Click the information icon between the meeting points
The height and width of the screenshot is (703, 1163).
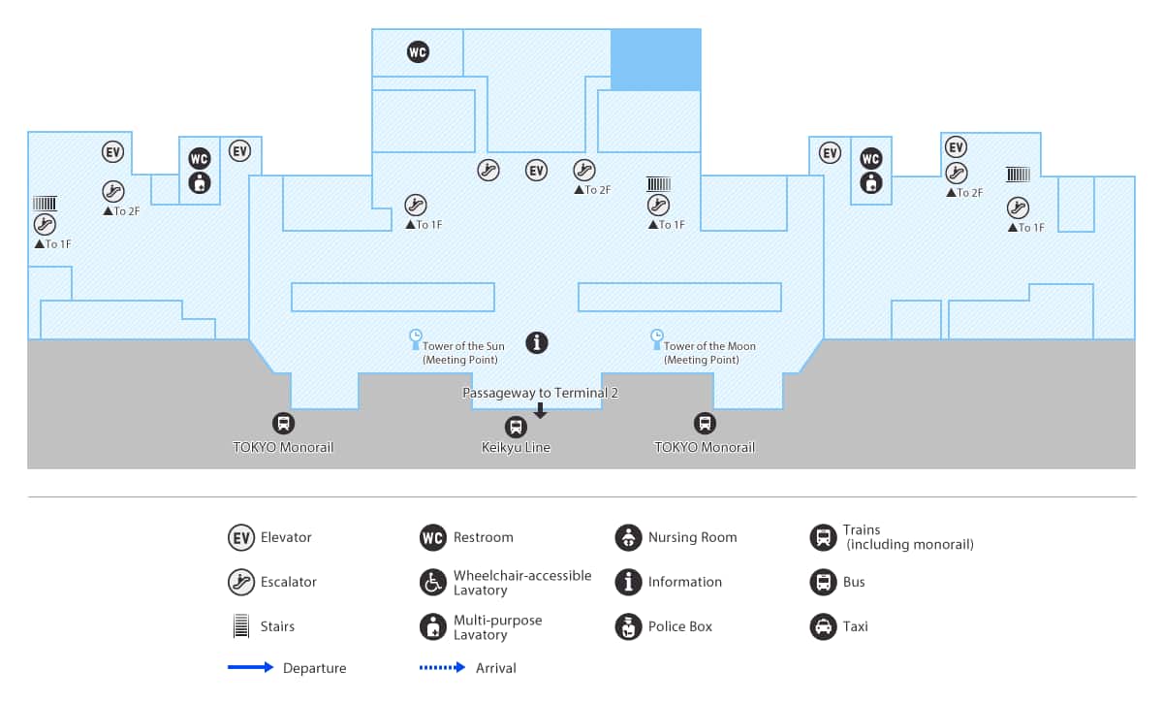pos(536,342)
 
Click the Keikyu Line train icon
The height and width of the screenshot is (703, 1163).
pos(516,427)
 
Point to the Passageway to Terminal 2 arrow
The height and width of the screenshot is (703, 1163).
pos(541,411)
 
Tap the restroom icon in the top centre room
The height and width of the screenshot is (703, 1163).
pos(418,52)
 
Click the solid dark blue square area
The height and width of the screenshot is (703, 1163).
pos(655,59)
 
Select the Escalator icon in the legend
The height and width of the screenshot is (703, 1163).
pos(241,582)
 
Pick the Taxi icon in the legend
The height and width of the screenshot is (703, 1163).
pos(823,626)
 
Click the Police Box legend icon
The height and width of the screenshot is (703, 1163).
pos(628,626)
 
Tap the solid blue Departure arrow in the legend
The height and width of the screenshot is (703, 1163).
pos(251,667)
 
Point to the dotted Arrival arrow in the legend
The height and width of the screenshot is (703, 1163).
pos(443,667)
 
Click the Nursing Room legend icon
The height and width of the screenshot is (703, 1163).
pos(628,537)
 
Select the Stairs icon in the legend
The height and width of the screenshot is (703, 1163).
pos(241,626)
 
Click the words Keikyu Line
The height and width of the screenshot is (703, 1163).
pos(516,447)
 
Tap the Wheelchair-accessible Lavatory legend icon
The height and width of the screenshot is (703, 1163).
pos(433,582)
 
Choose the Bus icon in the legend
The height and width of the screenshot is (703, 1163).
pos(823,582)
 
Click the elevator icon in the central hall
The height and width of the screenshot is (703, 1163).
pos(536,171)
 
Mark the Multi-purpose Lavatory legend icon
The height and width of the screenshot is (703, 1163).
pos(433,626)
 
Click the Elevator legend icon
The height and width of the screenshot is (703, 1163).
pos(241,537)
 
